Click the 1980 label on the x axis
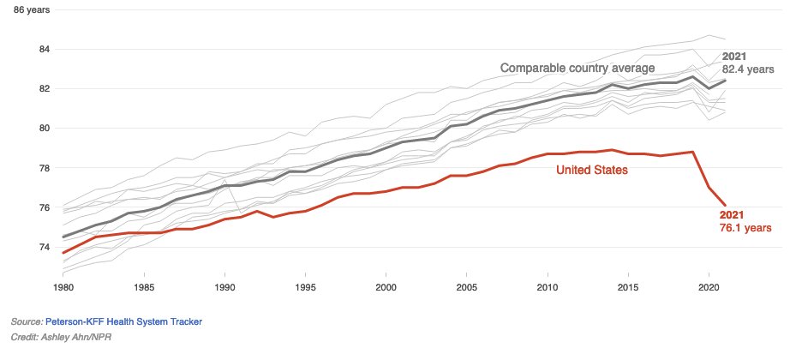[63, 286]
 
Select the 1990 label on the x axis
[224, 286]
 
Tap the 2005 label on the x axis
[467, 286]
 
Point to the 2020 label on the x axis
[709, 286]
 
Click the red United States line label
[593, 171]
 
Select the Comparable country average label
[578, 68]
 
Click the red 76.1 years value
[745, 228]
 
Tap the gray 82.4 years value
[748, 69]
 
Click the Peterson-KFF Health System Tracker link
[123, 321]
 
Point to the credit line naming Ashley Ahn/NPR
[61, 337]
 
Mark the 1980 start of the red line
[63, 253]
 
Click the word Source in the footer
[26, 321]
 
